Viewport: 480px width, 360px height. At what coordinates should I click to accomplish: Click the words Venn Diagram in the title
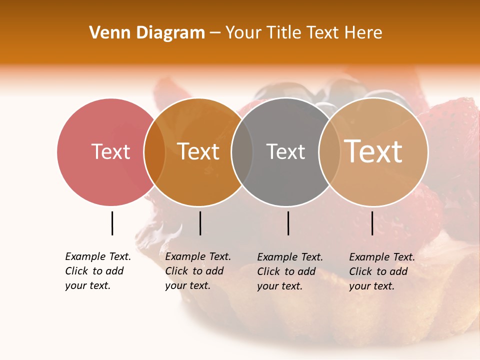pyautogui.click(x=146, y=33)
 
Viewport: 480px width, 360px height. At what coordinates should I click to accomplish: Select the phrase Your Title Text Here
pyautogui.click(x=303, y=33)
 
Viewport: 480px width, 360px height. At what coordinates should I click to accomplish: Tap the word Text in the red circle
pyautogui.click(x=110, y=151)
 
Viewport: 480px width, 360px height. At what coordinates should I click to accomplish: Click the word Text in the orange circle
pyautogui.click(x=198, y=151)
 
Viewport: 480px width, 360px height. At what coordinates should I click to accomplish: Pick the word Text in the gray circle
pyautogui.click(x=285, y=151)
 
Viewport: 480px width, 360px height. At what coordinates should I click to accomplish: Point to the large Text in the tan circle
pyautogui.click(x=373, y=151)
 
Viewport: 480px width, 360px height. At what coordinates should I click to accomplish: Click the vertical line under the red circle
pyautogui.click(x=112, y=223)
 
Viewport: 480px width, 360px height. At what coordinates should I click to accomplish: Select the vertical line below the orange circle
pyautogui.click(x=200, y=223)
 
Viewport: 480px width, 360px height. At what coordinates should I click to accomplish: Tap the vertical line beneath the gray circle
pyautogui.click(x=288, y=223)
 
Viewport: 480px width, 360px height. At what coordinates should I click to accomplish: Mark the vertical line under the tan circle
pyautogui.click(x=372, y=223)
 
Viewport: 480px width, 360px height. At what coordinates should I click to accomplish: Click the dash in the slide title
pyautogui.click(x=215, y=33)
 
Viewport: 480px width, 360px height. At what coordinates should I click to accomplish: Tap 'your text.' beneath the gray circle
pyautogui.click(x=279, y=286)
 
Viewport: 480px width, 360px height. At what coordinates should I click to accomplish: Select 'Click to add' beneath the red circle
pyautogui.click(x=94, y=271)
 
